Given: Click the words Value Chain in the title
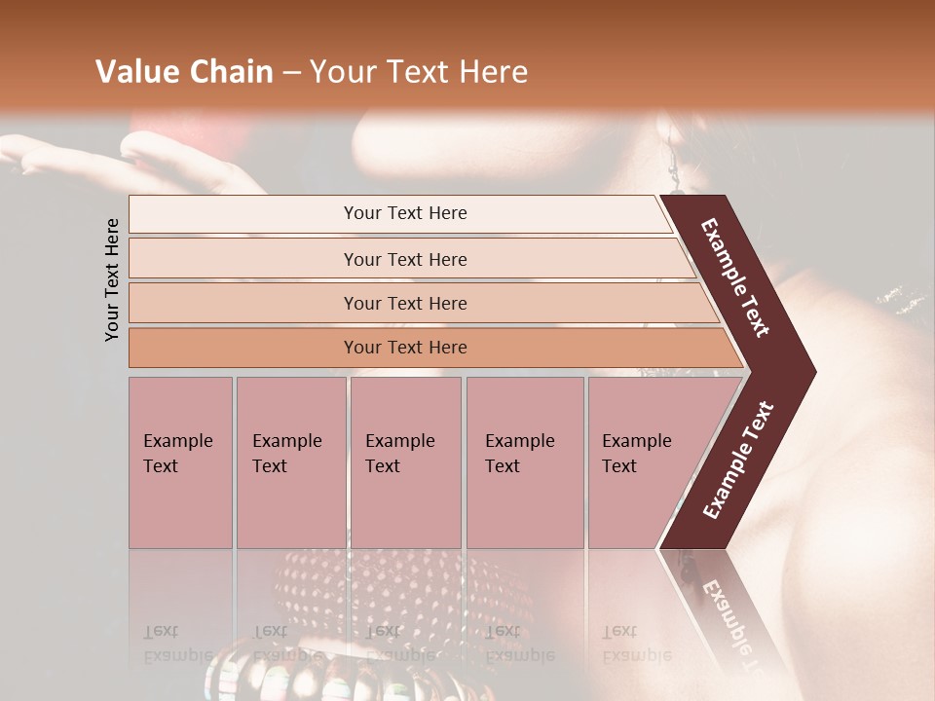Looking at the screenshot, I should pos(184,72).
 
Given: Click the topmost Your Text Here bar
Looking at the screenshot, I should pos(404,213).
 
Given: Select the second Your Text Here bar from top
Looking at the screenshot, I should pos(404,259).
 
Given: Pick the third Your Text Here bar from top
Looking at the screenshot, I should pos(404,303).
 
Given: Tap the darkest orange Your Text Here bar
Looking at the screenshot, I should pos(404,348).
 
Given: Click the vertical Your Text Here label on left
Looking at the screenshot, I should pos(112,279).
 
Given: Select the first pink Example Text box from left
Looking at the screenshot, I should pos(180,461).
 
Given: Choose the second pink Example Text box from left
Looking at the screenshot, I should pos(290,461).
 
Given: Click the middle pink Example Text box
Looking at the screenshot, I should pos(404,461).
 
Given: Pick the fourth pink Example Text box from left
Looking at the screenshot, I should pos(524,461).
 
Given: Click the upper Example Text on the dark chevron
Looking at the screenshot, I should pos(735,277).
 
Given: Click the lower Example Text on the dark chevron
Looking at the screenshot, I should pos(737,460).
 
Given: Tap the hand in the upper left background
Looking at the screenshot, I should pos(146,161).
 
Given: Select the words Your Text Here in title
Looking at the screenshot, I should pos(419,72).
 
